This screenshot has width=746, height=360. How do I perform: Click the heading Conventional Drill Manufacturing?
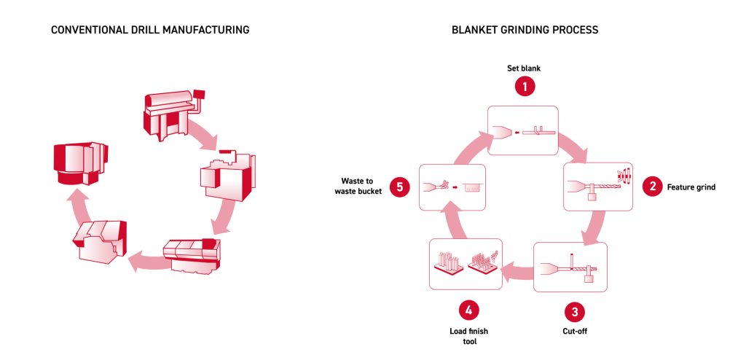pyautogui.click(x=149, y=31)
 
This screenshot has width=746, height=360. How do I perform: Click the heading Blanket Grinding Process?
pyautogui.click(x=525, y=31)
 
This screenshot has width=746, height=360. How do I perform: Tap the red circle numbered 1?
pyautogui.click(x=525, y=87)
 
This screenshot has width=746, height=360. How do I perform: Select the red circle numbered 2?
pyautogui.click(x=652, y=187)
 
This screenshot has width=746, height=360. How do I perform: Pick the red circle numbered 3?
pyautogui.click(x=575, y=312)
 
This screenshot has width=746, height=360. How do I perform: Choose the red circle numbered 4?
pyautogui.click(x=469, y=312)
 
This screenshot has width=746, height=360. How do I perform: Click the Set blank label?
pyautogui.click(x=525, y=69)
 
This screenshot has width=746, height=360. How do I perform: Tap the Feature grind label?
pyautogui.click(x=691, y=187)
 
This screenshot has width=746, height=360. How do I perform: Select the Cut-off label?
pyautogui.click(x=575, y=332)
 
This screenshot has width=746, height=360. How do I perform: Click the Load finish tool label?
pyautogui.click(x=469, y=336)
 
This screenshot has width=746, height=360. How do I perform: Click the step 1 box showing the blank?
pyautogui.click(x=523, y=130)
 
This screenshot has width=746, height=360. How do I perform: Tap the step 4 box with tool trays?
pyautogui.click(x=466, y=262)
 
